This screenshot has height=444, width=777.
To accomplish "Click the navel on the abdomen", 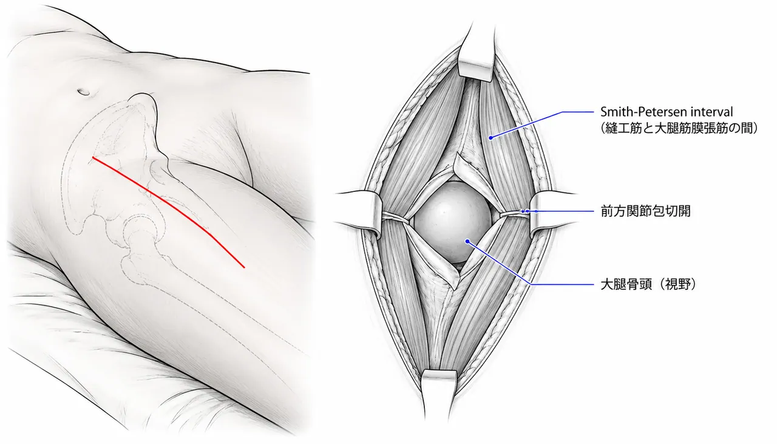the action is [x=84, y=92].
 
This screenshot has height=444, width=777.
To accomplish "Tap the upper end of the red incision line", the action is [x=93, y=157].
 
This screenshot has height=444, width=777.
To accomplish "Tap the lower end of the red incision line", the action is [x=245, y=267].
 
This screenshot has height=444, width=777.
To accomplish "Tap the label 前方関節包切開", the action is [x=645, y=211].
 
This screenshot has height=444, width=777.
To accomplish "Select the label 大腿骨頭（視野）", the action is [x=648, y=285].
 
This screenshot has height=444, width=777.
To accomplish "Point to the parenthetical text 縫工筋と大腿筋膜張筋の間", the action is [x=679, y=128].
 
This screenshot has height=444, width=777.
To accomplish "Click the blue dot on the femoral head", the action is [x=467, y=241].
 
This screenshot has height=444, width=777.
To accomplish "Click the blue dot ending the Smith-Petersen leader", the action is [x=491, y=138].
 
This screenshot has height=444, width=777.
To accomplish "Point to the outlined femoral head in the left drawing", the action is [x=140, y=228].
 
